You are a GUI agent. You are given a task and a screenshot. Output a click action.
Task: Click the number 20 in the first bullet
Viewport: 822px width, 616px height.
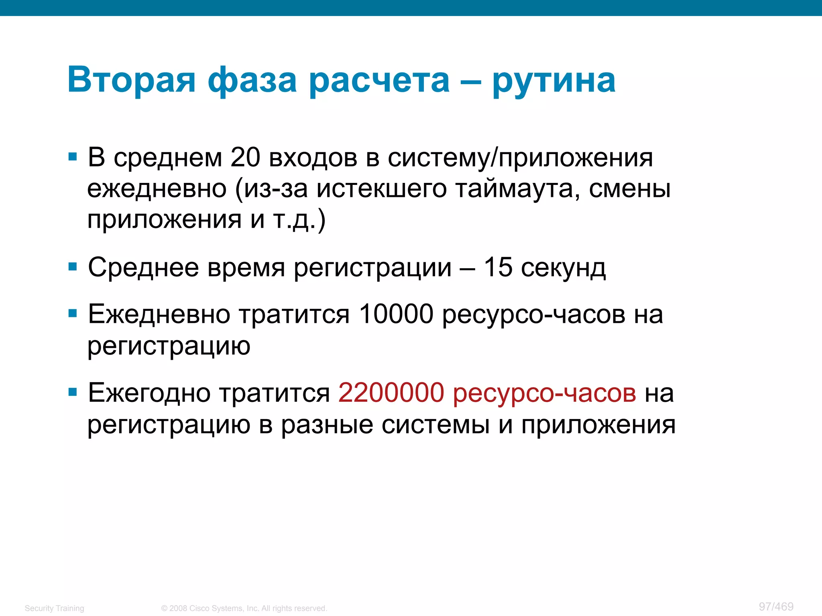pyautogui.click(x=245, y=157)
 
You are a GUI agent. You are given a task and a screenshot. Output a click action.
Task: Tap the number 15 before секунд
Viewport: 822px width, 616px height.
pyautogui.click(x=498, y=267)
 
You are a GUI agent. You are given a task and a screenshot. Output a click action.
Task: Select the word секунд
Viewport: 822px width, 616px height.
pyautogui.click(x=563, y=268)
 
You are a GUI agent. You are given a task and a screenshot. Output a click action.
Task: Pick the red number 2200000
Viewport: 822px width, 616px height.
pyautogui.click(x=391, y=393)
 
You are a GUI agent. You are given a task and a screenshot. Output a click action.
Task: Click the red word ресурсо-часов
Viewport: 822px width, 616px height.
pyautogui.click(x=544, y=393)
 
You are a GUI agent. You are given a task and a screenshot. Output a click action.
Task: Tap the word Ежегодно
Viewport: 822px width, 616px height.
pyautogui.click(x=149, y=393)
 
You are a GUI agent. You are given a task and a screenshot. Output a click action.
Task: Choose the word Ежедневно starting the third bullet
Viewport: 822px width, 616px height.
pyautogui.click(x=159, y=314)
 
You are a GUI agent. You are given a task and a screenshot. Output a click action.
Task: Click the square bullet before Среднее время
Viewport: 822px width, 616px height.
pyautogui.click(x=73, y=267)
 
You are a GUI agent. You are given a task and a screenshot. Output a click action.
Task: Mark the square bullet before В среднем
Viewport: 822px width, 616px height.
pyautogui.click(x=73, y=156)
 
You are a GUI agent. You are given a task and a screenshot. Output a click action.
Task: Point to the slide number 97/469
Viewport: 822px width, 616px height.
pyautogui.click(x=776, y=606)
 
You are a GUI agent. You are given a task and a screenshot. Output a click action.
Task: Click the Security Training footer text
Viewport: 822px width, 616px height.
pyautogui.click(x=54, y=608)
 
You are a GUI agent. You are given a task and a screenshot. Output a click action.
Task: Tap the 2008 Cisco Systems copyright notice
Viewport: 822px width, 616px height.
pyautogui.click(x=244, y=608)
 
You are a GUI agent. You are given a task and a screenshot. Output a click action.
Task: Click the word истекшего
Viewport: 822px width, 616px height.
pyautogui.click(x=381, y=188)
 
